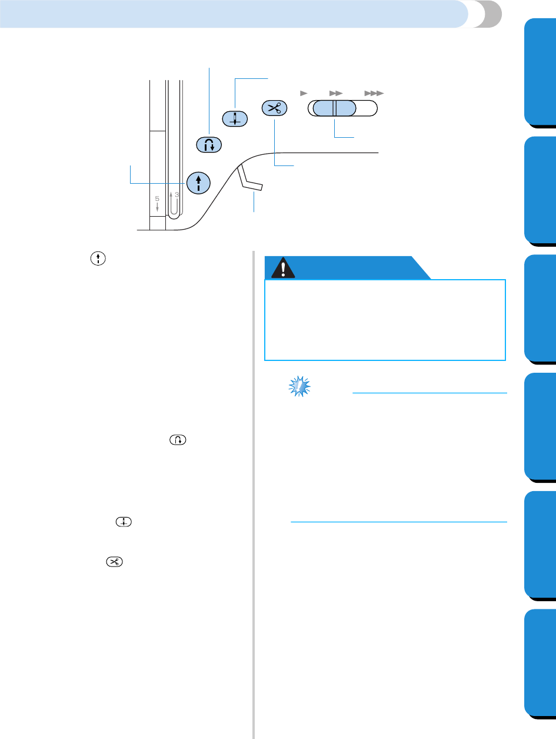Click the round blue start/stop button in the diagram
click(x=198, y=181)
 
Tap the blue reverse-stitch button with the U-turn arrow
click(x=209, y=144)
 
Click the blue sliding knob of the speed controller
click(x=334, y=108)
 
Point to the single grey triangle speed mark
click(x=304, y=93)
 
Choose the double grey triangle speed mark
click(x=335, y=93)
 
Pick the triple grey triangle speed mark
click(x=374, y=93)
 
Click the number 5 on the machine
click(x=157, y=199)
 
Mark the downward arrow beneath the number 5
click(x=157, y=208)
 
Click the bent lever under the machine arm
click(x=250, y=181)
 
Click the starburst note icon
click(x=301, y=386)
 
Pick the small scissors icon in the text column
click(x=114, y=562)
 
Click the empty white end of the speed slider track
click(x=367, y=108)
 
